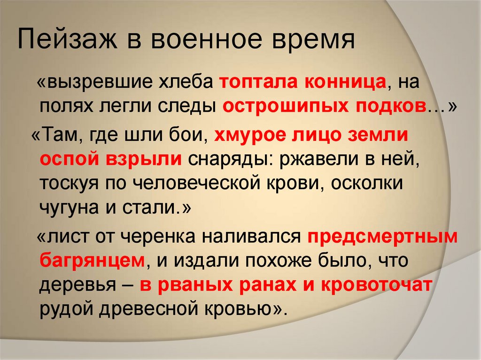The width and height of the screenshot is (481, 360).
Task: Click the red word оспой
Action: click(x=65, y=159)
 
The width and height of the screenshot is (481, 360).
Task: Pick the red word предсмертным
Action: click(x=383, y=237)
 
